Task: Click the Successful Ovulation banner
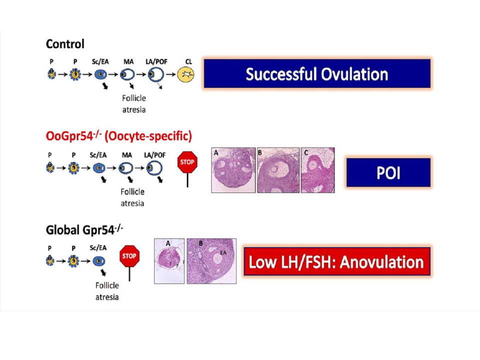[x=317, y=74]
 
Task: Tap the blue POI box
[x=387, y=172]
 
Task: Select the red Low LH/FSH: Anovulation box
[x=336, y=261]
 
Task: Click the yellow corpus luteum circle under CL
[x=186, y=76]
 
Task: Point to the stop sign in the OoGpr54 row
[x=187, y=162]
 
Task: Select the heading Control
[x=65, y=44]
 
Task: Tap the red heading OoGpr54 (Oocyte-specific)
[x=118, y=135]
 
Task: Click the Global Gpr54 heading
[x=84, y=230]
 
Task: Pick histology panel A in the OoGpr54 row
[x=233, y=170]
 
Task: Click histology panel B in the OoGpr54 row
[x=278, y=170]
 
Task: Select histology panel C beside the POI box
[x=317, y=170]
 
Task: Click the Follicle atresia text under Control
[x=133, y=104]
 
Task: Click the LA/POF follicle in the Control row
[x=157, y=75]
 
